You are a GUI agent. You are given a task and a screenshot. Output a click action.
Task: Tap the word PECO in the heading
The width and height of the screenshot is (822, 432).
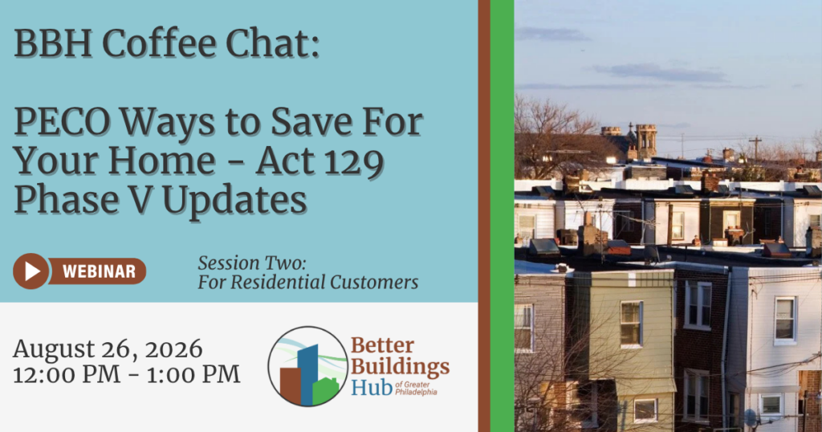62,122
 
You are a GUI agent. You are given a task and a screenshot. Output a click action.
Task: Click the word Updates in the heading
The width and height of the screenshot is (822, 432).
234,201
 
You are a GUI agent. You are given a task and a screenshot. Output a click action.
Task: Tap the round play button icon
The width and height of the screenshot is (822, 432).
31,271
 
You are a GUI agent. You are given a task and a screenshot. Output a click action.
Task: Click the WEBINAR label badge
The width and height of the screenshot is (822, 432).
98,271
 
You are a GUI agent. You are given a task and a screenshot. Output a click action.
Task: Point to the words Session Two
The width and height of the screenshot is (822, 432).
251,263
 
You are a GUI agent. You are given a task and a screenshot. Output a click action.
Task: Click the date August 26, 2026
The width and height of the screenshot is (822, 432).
108,349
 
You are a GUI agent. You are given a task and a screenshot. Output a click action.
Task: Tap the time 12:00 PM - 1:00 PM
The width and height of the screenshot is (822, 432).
126,375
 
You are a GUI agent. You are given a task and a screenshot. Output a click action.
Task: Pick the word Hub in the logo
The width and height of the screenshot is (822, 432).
372,388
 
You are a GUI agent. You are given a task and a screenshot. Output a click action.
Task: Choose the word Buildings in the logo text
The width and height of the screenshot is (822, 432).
400,367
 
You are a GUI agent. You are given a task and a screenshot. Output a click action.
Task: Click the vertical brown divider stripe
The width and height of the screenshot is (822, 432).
484,216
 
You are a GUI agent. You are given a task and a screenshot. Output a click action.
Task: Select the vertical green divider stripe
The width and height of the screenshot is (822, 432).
503,216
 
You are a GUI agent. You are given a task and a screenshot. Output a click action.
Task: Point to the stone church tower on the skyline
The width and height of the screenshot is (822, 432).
646,141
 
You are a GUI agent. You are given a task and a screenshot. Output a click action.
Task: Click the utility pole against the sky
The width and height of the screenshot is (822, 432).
755,149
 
